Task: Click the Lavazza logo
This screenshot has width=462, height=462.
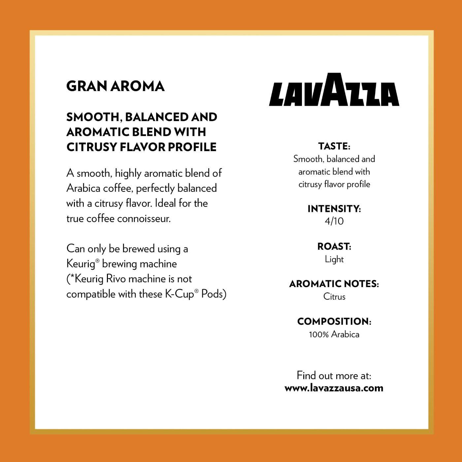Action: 334,90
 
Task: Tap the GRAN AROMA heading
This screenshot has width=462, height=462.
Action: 115,86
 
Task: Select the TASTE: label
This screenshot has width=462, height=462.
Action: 334,146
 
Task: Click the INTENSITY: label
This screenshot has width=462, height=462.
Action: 334,209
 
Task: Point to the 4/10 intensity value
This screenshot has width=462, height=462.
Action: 334,221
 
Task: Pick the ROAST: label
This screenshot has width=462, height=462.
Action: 334,247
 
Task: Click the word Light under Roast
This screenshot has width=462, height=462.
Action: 334,259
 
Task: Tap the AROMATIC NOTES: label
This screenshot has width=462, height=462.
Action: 334,284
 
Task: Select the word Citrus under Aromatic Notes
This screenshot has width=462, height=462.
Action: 334,297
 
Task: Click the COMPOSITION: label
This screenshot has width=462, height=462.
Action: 334,321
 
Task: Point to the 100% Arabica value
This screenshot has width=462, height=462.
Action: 334,334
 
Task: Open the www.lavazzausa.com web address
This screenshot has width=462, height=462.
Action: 334,388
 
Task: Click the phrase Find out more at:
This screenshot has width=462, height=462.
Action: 334,376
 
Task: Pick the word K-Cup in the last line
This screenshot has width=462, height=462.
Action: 179,294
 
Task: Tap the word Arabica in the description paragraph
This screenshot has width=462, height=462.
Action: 83,188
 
